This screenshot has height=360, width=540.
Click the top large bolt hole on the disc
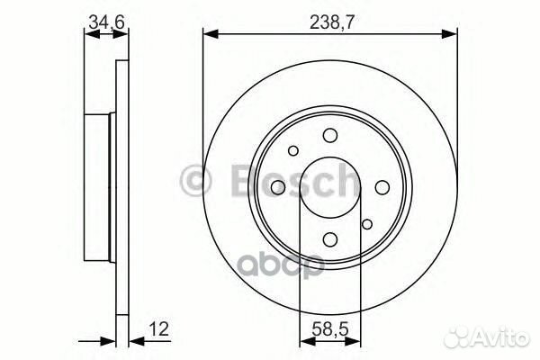(330, 135)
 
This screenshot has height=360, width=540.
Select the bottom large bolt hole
(330, 238)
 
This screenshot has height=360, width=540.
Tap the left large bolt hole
(279, 186)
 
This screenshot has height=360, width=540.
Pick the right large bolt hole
(382, 186)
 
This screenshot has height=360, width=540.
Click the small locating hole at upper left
(293, 150)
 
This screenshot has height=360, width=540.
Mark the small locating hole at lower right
(366, 224)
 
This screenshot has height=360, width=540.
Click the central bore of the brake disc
(330, 186)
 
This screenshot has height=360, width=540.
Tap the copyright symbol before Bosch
(195, 179)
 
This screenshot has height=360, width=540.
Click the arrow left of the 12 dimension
(109, 341)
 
